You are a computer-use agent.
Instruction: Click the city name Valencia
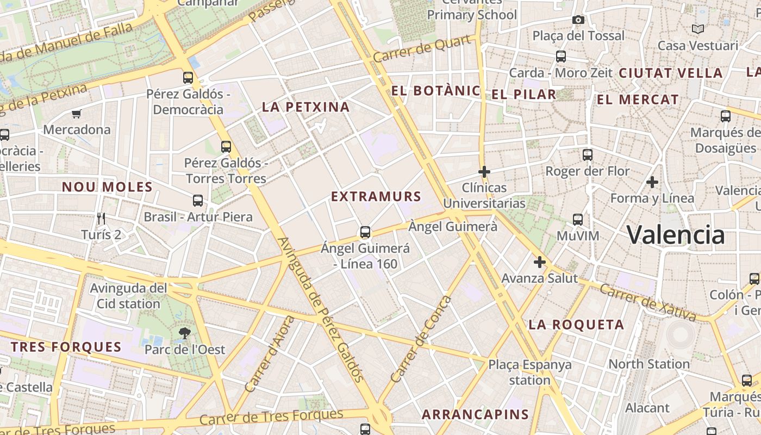[x=676, y=235]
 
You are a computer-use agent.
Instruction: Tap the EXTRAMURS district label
[x=376, y=196]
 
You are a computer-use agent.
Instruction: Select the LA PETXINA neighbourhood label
[x=305, y=107]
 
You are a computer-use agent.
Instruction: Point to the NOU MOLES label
[x=107, y=187]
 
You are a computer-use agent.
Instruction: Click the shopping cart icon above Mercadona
[x=76, y=114]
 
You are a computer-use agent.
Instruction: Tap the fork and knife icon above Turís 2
[x=101, y=219]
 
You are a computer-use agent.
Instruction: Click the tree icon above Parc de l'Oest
[x=184, y=333]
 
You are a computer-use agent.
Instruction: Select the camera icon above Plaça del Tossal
[x=578, y=20]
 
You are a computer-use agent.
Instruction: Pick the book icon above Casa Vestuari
[x=698, y=29]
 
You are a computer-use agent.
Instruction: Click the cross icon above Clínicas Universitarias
[x=484, y=172]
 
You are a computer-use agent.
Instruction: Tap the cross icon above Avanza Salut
[x=539, y=263]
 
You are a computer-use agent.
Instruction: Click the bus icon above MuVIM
[x=578, y=220]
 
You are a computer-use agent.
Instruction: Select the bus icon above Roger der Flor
[x=587, y=155]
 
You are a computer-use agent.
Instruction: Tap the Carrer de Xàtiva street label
[x=648, y=302]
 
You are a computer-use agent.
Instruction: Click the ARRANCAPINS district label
[x=475, y=414]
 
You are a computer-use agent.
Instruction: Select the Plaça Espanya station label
[x=530, y=372]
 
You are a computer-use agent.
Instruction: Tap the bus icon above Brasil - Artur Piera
[x=198, y=201]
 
